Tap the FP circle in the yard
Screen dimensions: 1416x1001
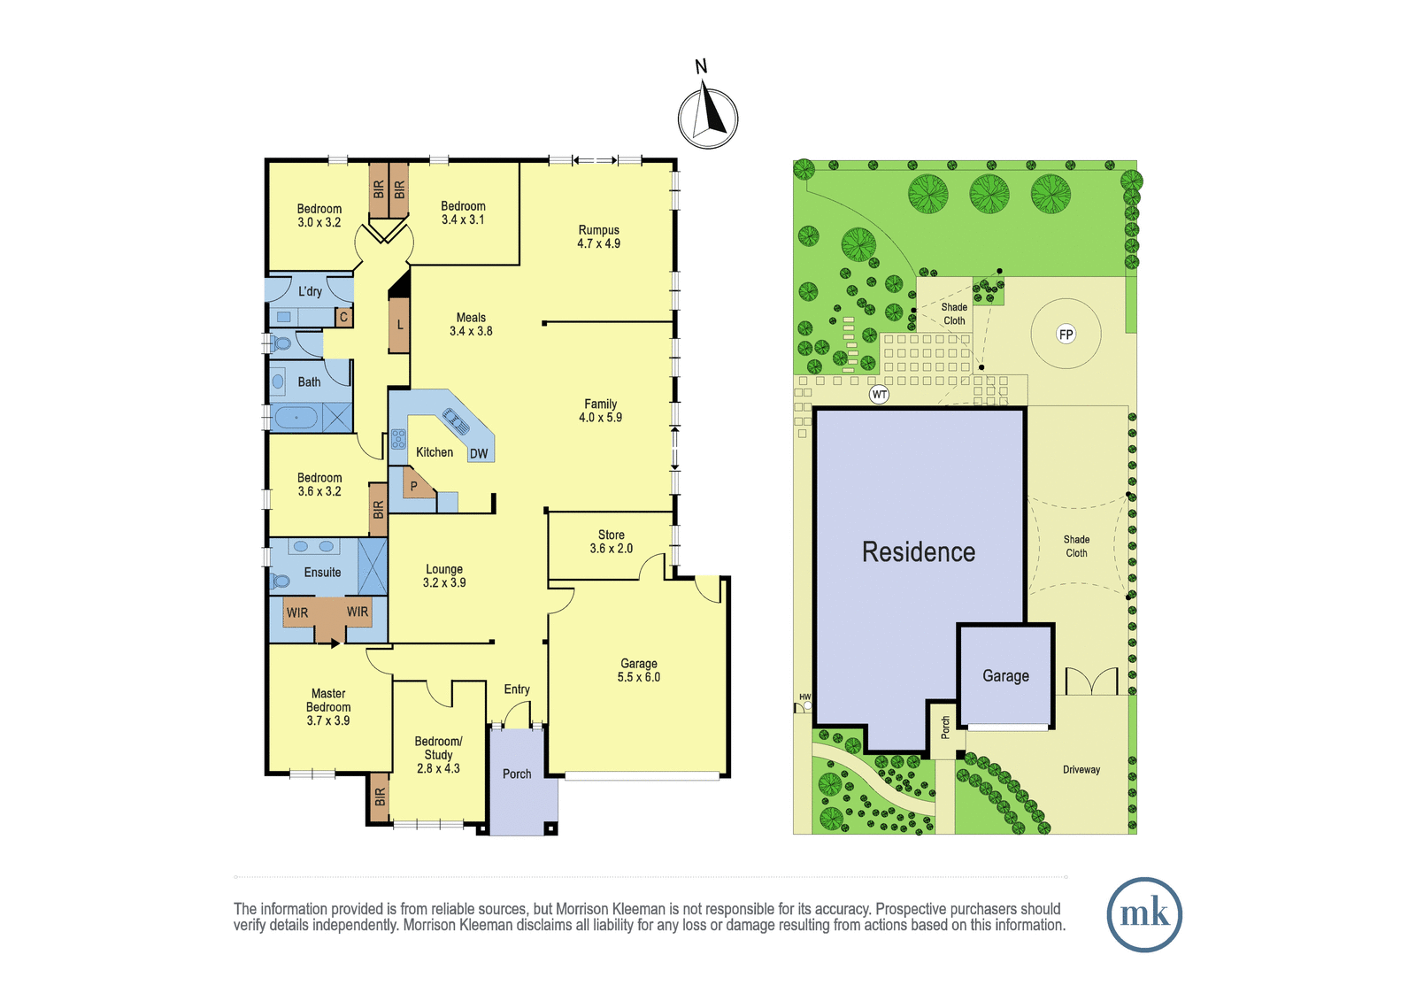coord(1066,334)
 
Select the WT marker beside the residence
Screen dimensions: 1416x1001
coord(879,395)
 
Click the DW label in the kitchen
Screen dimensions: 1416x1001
coord(479,453)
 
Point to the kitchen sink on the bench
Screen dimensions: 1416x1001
coord(457,420)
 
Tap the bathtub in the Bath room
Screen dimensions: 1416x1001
coord(296,418)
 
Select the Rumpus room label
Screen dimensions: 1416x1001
coord(598,236)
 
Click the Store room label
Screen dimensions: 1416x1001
coord(611,542)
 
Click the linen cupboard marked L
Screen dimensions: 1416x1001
coord(399,325)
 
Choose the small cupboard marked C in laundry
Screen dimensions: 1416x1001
coord(344,317)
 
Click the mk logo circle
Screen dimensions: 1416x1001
coord(1144,913)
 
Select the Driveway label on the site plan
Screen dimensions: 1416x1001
coord(1081,770)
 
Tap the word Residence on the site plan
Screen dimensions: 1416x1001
coord(919,552)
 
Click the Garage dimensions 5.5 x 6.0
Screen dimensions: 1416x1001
coord(638,677)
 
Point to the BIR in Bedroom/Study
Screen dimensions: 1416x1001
coord(380,797)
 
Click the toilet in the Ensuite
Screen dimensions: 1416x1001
coord(280,580)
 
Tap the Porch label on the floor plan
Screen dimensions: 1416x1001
coord(517,774)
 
